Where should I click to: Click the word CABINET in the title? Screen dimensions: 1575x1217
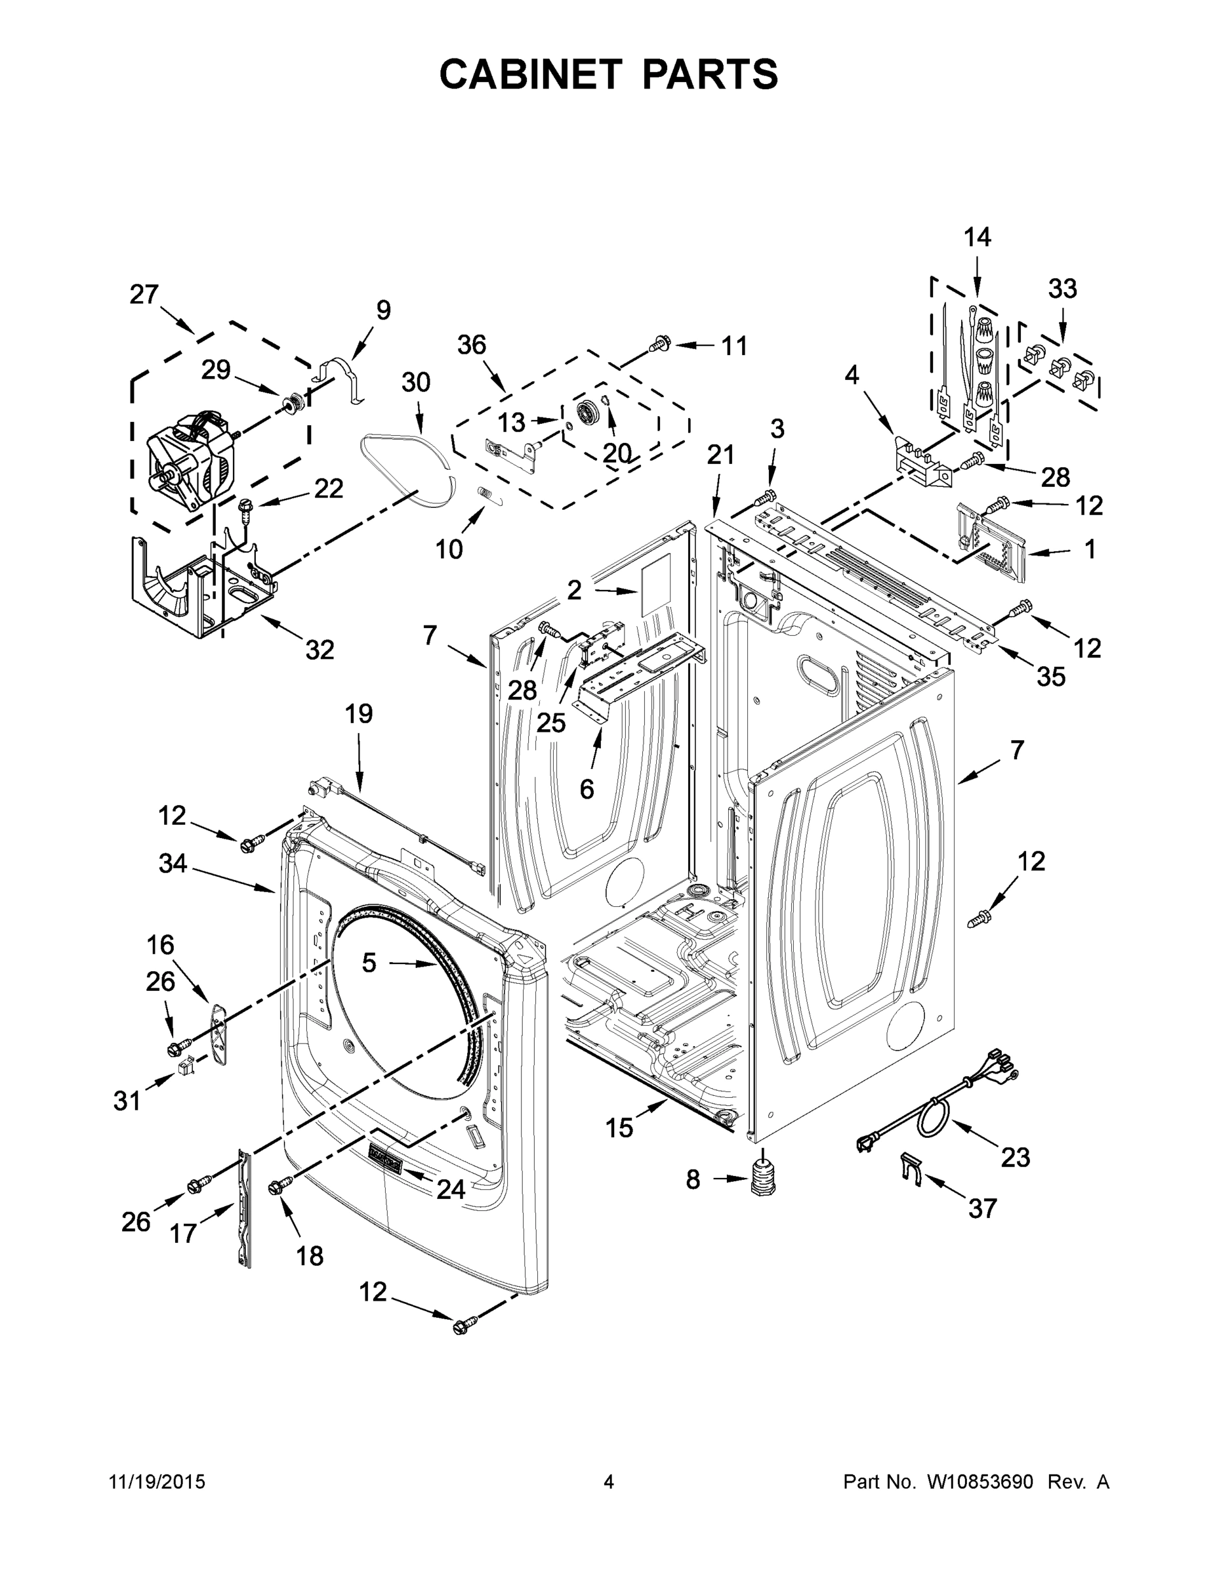pos(530,74)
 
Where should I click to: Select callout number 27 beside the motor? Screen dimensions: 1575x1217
pos(144,294)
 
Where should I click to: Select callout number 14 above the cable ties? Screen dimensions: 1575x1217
pos(978,238)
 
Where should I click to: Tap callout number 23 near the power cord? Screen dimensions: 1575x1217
pos(1016,1158)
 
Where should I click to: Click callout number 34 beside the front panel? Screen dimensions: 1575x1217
pos(173,863)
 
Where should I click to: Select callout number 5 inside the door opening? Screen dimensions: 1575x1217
pos(369,962)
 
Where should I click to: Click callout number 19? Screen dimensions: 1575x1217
pos(358,714)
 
